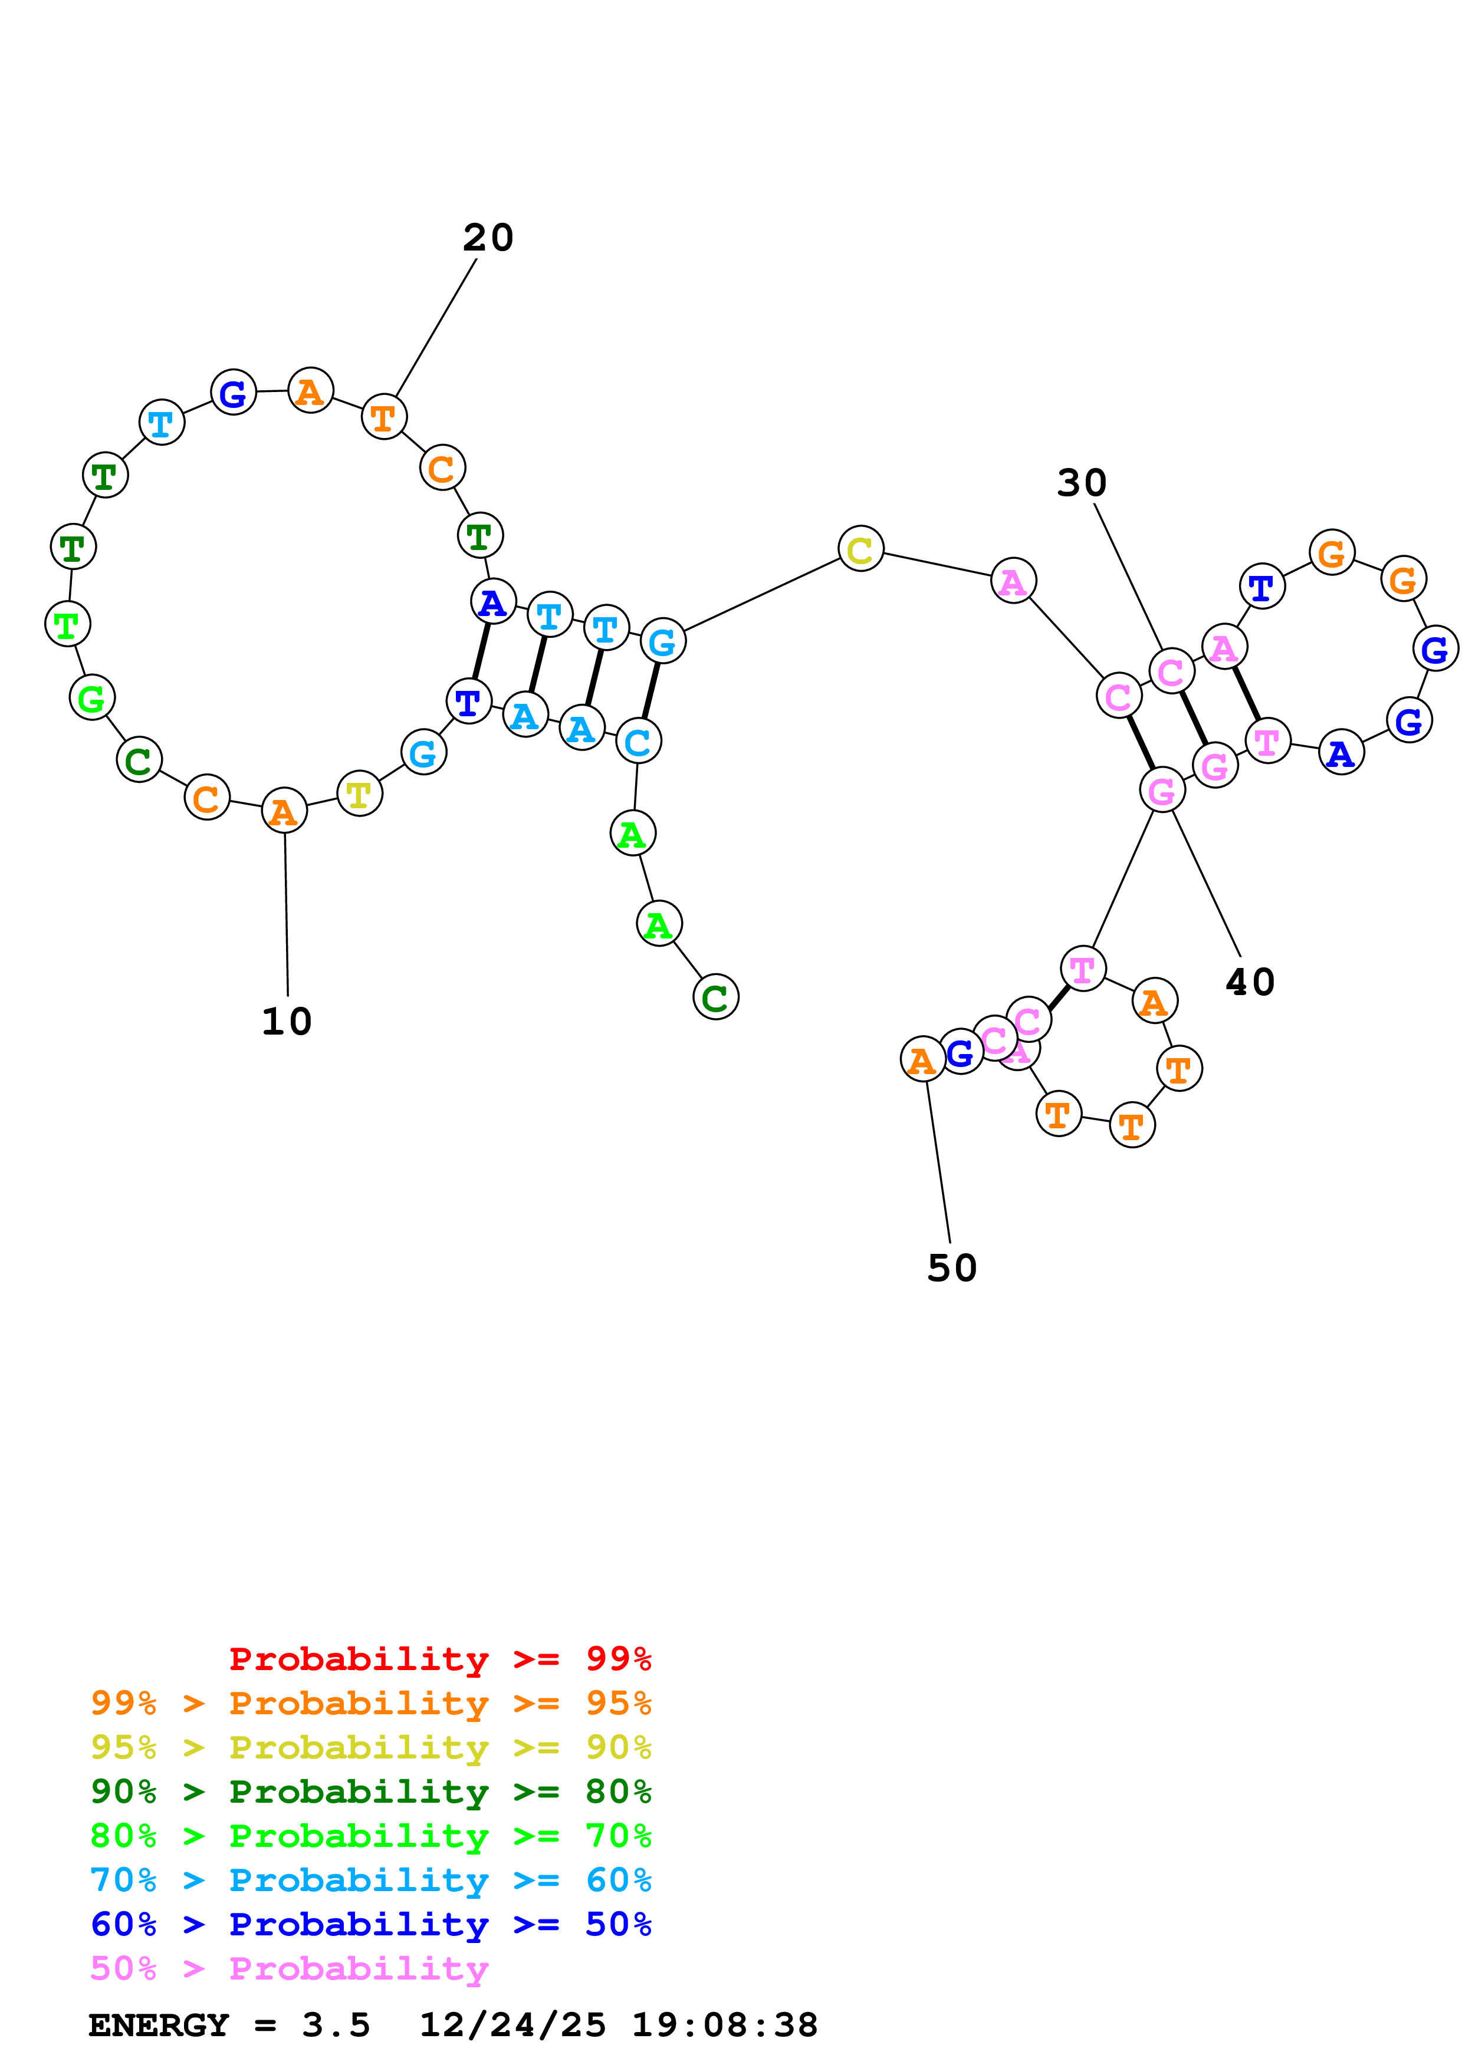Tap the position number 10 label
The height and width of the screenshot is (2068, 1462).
point(287,1022)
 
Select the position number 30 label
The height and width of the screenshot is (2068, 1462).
point(1081,483)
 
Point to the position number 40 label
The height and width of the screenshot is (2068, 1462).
point(1250,982)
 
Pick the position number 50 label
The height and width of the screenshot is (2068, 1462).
point(951,1268)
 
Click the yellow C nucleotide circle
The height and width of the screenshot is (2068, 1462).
point(860,548)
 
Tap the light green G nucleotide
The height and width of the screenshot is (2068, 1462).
point(92,697)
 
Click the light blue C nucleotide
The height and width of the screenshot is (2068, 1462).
point(638,741)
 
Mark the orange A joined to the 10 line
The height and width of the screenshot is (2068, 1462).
point(284,812)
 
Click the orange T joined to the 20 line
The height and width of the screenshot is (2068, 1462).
point(384,417)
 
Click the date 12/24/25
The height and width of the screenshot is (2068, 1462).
point(512,2026)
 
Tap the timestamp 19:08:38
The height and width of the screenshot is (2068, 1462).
point(724,2026)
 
